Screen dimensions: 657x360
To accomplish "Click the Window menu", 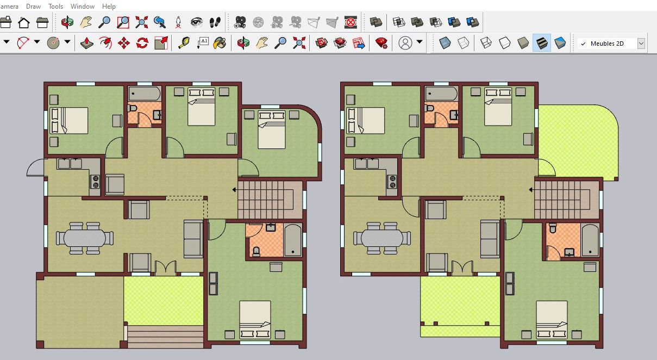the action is pos(83,6).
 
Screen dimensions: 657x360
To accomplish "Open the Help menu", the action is pos(109,6).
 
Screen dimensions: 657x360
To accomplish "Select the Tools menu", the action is pos(55,6).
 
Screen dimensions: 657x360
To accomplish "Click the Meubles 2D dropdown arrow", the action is pos(641,44).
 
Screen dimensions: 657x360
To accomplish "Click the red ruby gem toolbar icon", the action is pos(381,43).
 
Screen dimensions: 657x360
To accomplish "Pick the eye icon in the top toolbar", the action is pos(196,22).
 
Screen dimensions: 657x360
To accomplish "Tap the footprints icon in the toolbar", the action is pos(215,22).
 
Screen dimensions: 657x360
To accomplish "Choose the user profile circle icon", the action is pos(405,43).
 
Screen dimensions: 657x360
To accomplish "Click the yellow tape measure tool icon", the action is pos(184,43).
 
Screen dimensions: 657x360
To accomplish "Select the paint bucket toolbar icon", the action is pos(220,43).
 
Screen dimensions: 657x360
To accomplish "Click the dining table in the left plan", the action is pos(84,238).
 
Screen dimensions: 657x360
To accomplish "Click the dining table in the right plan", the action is pos(382,238).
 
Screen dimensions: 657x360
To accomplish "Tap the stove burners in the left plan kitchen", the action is pos(96,182).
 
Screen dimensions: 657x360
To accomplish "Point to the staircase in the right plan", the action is pos(562,200).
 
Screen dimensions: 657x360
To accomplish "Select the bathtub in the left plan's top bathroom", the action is pos(145,94).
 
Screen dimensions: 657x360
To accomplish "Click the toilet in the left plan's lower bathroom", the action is pos(256,251).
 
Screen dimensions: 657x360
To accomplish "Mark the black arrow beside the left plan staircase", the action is pos(234,190).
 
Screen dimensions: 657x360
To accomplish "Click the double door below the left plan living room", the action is pos(166,268).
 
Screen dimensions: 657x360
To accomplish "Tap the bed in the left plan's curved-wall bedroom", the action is pos(271,129).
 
